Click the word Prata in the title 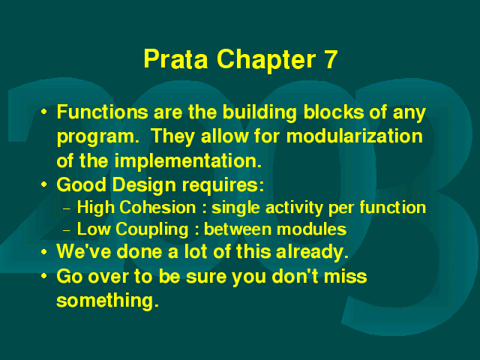[175, 58]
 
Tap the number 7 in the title [330, 58]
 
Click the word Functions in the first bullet [103, 112]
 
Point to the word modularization [355, 136]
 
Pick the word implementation [188, 161]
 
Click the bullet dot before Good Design [44, 184]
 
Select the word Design [145, 186]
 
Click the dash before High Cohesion [67, 209]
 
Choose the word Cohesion [157, 208]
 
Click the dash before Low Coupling [67, 230]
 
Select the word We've [84, 252]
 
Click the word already [312, 253]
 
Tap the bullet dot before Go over [44, 276]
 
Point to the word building [259, 113]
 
